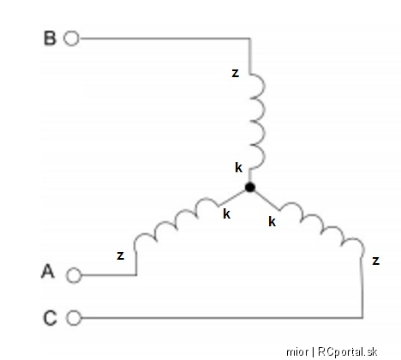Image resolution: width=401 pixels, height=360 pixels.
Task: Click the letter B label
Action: pos(50,38)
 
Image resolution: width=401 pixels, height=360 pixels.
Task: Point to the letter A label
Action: pos(48,271)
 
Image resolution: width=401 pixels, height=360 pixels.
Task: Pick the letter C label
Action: pos(51,318)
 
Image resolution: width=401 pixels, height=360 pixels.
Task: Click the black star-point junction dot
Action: pos(250,187)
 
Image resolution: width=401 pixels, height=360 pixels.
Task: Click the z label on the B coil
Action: pos(235,73)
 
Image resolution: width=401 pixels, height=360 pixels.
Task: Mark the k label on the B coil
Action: pos(239,167)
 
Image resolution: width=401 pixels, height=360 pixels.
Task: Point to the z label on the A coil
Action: pos(121,255)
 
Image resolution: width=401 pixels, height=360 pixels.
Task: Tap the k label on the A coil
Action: pos(227,213)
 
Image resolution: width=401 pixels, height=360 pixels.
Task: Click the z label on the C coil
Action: pos(376,261)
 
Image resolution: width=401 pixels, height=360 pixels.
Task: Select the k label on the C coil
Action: pos(272,221)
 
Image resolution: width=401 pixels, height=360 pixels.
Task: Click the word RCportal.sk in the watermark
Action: pos(347,351)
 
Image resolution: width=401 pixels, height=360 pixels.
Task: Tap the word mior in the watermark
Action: pos(297,352)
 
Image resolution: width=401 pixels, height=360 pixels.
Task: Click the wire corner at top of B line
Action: pos(250,38)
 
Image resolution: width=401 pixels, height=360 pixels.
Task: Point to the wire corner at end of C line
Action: pos(362,317)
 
